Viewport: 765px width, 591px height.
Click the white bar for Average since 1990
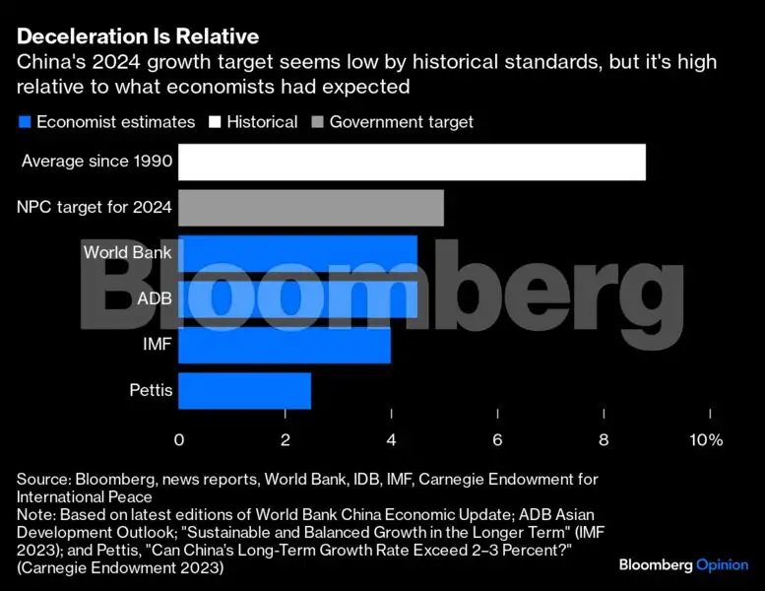pyautogui.click(x=412, y=163)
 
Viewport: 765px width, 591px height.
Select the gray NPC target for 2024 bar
pyautogui.click(x=311, y=208)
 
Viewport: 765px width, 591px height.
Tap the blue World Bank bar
pyautogui.click(x=297, y=253)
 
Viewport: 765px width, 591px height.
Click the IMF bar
pyautogui.click(x=285, y=345)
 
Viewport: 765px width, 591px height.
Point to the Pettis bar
pyautogui.click(x=245, y=390)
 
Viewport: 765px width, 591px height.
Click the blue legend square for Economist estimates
pyautogui.click(x=24, y=122)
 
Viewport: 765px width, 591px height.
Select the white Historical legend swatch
pyautogui.click(x=214, y=122)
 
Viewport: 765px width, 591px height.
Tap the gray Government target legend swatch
pyautogui.click(x=316, y=122)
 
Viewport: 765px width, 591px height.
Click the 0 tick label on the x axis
pyautogui.click(x=179, y=439)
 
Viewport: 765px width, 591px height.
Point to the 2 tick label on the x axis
pyautogui.click(x=286, y=439)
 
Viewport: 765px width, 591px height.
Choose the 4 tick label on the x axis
pyautogui.click(x=392, y=439)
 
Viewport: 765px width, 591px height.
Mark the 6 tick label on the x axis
pyautogui.click(x=498, y=439)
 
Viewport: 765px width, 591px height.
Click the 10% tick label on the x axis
pyautogui.click(x=706, y=439)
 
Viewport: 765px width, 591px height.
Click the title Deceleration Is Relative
pyautogui.click(x=138, y=37)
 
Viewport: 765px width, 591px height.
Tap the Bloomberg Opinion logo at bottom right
pyautogui.click(x=682, y=565)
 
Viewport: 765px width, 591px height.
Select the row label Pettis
pyautogui.click(x=151, y=391)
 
